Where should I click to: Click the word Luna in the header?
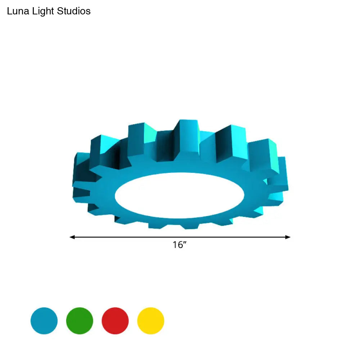pos(18,11)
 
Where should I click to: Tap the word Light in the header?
pos(43,12)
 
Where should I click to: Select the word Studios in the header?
pos(74,11)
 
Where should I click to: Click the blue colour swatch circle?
pos(44,321)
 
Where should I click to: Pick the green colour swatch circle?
pos(80,321)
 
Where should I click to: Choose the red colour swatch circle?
pos(115,321)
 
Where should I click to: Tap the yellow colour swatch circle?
pos(151,321)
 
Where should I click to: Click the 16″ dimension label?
pos(180,245)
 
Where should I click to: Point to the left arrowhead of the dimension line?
pos(72,237)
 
